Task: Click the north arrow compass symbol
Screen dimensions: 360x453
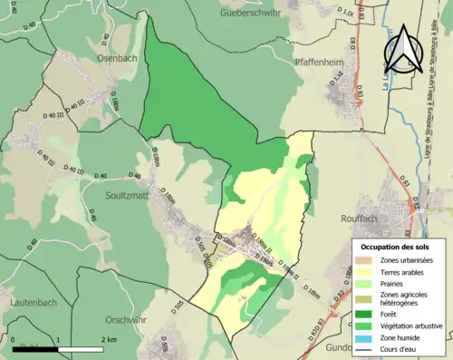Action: (x=405, y=50)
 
